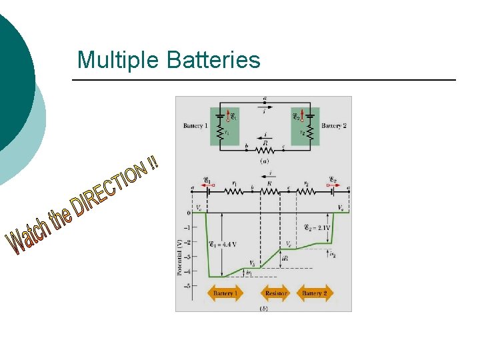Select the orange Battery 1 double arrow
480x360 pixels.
point(224,293)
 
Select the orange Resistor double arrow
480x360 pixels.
point(276,293)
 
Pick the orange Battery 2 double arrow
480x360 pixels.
point(315,293)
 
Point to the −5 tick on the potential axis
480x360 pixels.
point(189,286)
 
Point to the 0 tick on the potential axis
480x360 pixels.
point(189,213)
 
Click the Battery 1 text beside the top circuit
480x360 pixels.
point(196,125)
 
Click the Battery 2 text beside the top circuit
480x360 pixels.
point(333,125)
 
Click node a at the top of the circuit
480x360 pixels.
point(265,99)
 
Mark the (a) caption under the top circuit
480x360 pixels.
point(265,161)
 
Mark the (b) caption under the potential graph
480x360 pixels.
point(265,307)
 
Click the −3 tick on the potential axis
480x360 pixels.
point(189,257)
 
